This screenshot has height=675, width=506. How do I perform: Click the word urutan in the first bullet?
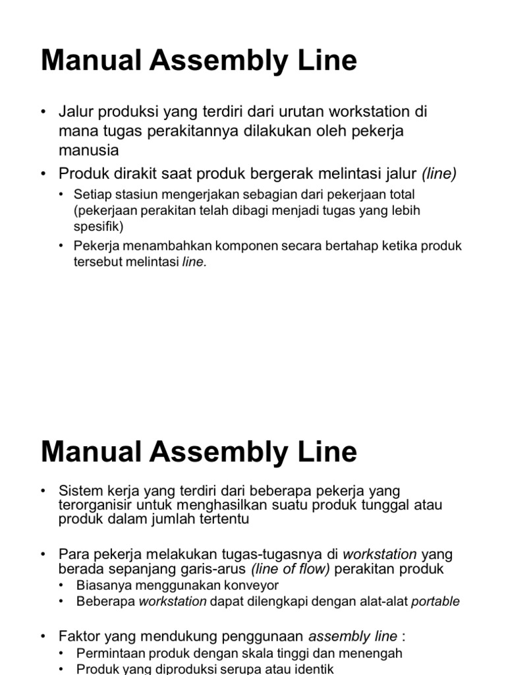(305, 111)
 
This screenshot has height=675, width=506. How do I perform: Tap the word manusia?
(89, 150)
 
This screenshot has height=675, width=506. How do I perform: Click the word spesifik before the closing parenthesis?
(96, 225)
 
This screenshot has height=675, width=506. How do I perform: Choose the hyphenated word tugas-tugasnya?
(269, 554)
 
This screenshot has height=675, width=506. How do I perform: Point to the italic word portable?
(436, 601)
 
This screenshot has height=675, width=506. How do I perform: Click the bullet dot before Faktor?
(44, 636)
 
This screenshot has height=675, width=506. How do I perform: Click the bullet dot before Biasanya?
(62, 585)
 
